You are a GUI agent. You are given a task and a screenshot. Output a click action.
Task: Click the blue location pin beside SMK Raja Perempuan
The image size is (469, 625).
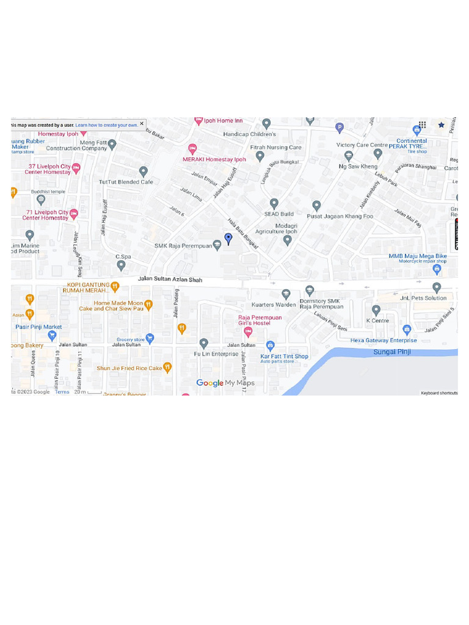tap(228, 239)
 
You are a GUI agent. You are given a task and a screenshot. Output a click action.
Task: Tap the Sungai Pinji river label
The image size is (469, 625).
tap(392, 352)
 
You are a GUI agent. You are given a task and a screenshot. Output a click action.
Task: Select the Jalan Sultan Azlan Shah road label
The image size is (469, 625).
tap(170, 279)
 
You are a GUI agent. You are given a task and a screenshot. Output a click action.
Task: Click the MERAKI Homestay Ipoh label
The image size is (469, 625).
tap(214, 159)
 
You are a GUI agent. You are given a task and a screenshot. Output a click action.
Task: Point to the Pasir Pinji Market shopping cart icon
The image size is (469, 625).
tap(52, 335)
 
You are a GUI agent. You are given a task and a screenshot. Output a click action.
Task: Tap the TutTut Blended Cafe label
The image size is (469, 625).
tap(126, 182)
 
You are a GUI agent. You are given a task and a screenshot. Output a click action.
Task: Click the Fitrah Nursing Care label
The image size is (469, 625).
tap(276, 148)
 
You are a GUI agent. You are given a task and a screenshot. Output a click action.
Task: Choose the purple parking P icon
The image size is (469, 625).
tap(340, 128)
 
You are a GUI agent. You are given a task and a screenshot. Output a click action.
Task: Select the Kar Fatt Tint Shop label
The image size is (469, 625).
tap(285, 356)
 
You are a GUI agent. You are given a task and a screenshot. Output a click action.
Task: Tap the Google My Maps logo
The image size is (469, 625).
tap(225, 383)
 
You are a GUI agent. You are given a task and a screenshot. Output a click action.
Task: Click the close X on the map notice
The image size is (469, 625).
tap(142, 124)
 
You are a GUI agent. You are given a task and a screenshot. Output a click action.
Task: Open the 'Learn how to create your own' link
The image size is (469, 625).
tap(106, 125)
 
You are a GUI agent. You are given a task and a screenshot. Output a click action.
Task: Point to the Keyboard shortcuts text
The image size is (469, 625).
tap(439, 393)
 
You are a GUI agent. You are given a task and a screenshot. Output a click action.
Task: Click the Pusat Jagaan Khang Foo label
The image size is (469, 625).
tap(340, 216)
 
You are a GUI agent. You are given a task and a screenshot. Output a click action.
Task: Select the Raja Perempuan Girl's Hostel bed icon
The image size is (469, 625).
tap(248, 332)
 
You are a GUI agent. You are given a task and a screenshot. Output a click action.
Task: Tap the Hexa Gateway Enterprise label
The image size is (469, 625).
tap(384, 341)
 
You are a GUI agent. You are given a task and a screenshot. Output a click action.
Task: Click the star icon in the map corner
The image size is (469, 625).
tap(442, 125)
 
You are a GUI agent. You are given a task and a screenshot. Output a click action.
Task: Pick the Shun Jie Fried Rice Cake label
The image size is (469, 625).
tap(129, 368)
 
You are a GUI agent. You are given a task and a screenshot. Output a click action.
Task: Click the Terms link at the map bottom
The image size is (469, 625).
tap(62, 392)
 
